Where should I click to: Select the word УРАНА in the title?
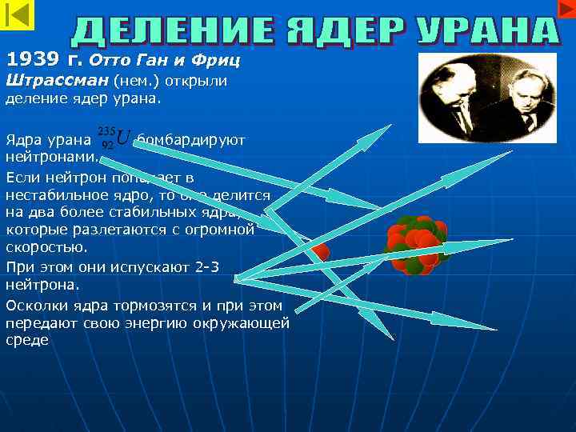point(488,30)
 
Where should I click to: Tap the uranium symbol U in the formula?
point(122,138)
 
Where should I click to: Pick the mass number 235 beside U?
point(105,130)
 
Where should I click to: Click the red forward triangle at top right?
point(564,8)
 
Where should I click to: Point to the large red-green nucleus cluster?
point(417,245)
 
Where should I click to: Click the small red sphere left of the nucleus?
point(320,253)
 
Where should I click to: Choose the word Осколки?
point(36,305)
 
